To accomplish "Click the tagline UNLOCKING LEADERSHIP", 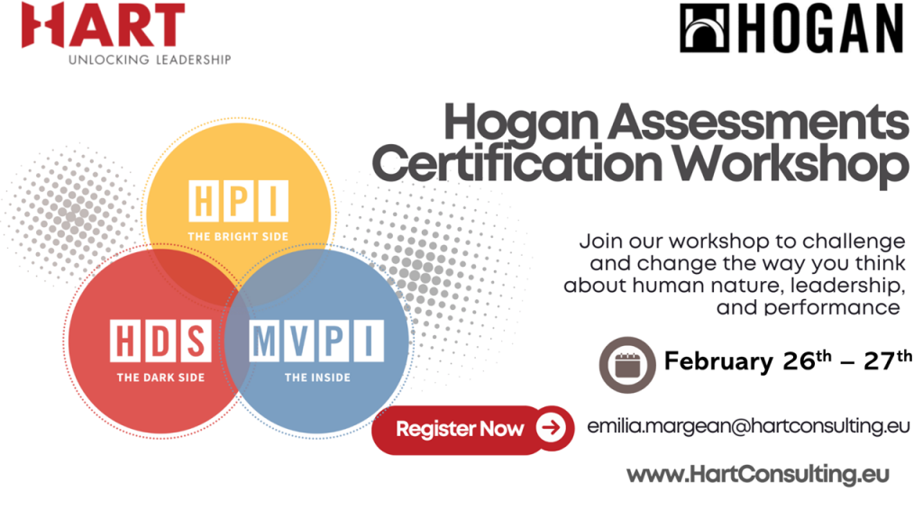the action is (150, 59).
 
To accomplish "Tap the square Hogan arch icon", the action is (704, 28).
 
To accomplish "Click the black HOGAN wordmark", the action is (819, 28).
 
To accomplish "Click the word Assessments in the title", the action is (759, 122).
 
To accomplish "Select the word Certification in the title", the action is (516, 163).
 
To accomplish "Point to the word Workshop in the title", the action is (791, 166).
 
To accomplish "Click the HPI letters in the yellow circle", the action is (238, 201).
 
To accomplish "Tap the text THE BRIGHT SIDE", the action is (238, 237).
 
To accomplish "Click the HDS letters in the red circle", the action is (160, 341).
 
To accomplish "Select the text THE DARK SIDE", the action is (160, 378).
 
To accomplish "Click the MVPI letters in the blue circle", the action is (317, 341).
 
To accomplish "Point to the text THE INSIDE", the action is (317, 378).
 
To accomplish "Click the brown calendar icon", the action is (627, 365).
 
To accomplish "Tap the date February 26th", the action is (747, 360).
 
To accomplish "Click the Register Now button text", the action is (460, 429).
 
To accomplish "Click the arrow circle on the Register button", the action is (551, 428).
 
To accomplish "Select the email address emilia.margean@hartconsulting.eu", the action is (748, 426).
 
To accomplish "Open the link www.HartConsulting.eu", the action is (757, 474).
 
